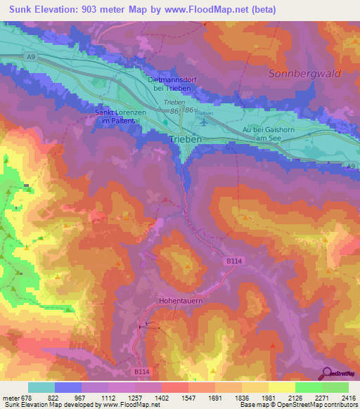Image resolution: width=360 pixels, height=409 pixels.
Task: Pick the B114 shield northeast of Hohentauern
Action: tap(234, 261)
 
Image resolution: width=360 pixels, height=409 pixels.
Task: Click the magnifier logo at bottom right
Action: tap(326, 372)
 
